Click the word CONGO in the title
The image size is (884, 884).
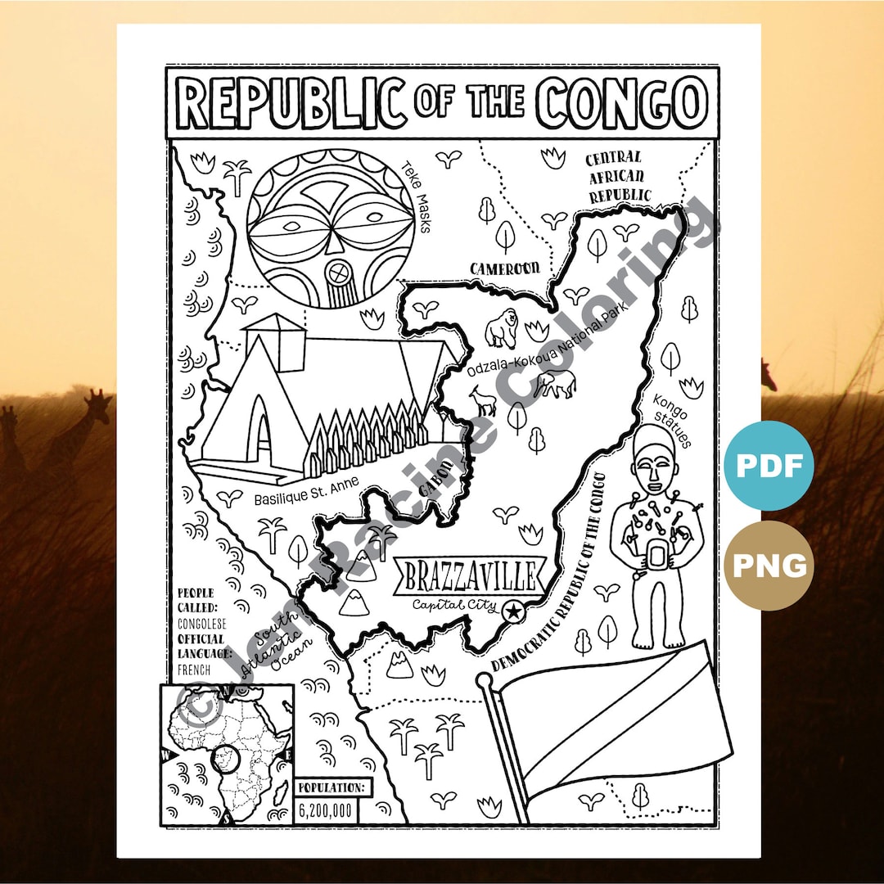[x=622, y=103]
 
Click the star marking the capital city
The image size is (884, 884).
[x=513, y=610]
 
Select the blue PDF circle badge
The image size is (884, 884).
[x=768, y=466]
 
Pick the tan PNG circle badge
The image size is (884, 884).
[x=768, y=565]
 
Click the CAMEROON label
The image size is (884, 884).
[x=504, y=268]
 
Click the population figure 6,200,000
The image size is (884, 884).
[x=326, y=811]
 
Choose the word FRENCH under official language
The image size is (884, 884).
[x=194, y=670]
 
